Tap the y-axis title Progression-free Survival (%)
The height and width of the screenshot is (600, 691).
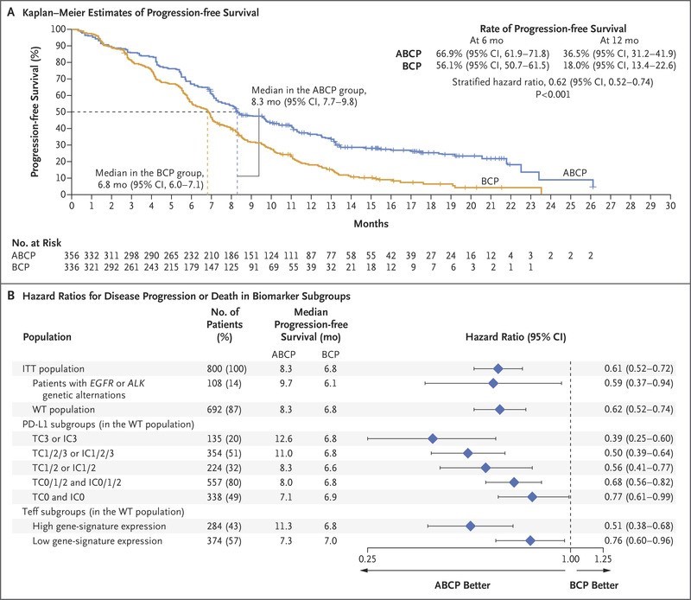point(36,112)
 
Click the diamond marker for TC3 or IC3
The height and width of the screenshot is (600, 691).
point(433,438)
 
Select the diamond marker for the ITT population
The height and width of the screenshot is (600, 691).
point(498,368)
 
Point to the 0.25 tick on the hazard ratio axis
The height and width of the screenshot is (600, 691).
point(367,559)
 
